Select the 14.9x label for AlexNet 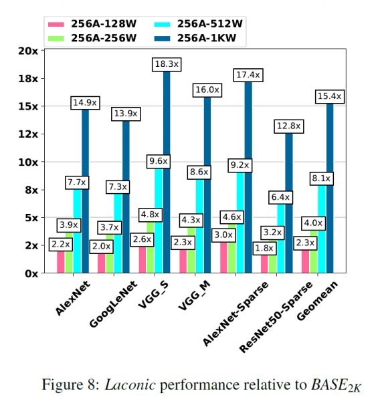[85, 103]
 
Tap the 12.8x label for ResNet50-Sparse [289, 126]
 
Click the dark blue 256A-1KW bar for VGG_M [207, 187]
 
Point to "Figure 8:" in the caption [71, 385]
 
